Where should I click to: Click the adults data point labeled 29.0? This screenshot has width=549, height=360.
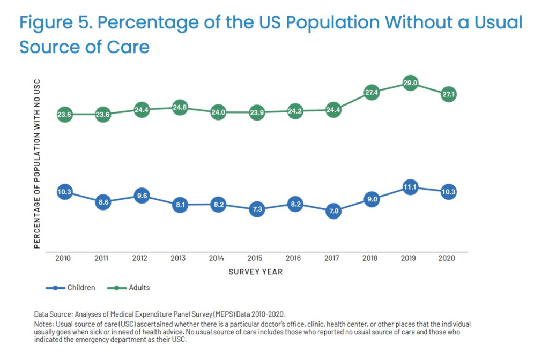pos(410,83)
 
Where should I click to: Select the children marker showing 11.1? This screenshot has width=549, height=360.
pos(410,187)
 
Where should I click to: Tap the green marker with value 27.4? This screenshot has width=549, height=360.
pos(372,92)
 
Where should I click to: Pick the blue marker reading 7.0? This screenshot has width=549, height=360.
pos(333,211)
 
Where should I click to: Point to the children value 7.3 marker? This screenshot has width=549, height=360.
pos(256,209)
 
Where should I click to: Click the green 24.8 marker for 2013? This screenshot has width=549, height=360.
pos(180,108)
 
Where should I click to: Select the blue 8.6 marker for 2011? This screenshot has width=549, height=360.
pos(103,203)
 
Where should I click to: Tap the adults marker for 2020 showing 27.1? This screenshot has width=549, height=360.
pos(448,94)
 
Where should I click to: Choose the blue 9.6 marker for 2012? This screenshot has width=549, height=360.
pos(141,196)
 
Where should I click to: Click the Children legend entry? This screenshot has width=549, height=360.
pos(81,288)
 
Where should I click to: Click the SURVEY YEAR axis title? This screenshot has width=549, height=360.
pos(256,272)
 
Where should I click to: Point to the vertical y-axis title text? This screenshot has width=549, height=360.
pos(37,163)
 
